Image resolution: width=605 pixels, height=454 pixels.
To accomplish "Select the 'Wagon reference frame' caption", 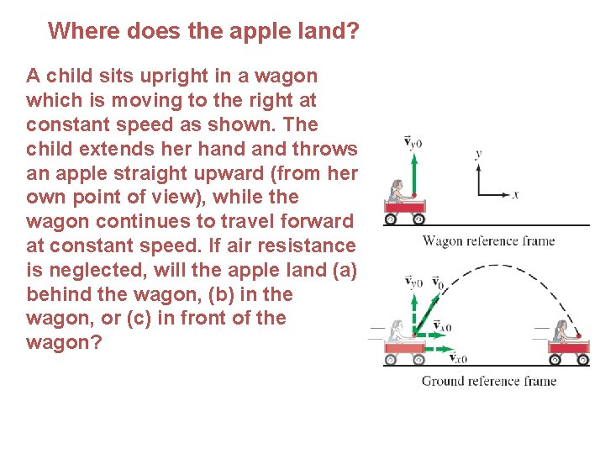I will pos(488,241).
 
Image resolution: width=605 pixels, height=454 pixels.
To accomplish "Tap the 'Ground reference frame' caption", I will pos(488,381).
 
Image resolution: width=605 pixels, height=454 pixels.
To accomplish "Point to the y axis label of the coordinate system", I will pos(478,155).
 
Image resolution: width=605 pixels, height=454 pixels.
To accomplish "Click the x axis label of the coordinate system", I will pos(515,195).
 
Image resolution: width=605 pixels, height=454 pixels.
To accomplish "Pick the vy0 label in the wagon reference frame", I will pos(413,143).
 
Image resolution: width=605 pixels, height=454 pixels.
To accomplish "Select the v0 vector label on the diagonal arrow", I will pos(437,282).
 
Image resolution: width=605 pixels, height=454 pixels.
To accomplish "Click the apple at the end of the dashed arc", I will pos(577,335).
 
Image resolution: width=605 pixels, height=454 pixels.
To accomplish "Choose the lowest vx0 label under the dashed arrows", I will pos(458,358).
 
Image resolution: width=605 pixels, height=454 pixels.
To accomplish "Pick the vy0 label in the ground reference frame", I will pos(413,282).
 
